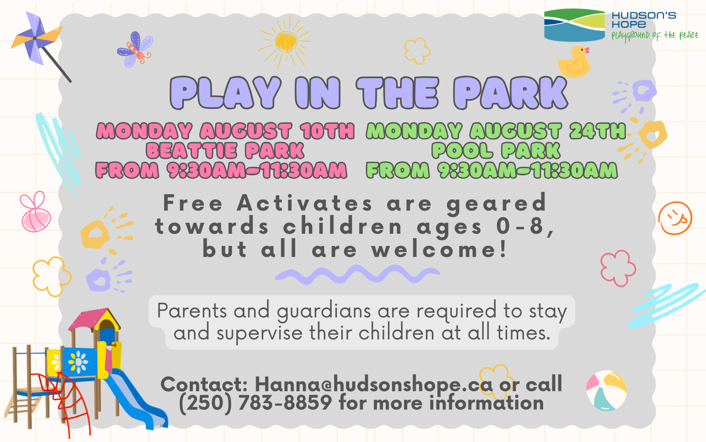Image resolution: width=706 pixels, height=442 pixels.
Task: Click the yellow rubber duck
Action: (574, 62)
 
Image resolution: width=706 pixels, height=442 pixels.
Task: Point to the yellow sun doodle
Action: (286, 41)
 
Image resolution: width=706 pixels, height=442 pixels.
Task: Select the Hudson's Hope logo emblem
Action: (575, 25)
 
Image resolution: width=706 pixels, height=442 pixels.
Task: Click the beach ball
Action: (606, 391)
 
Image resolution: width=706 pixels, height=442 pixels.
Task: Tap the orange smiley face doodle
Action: (675, 218)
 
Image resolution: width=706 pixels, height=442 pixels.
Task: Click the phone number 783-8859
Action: (285, 403)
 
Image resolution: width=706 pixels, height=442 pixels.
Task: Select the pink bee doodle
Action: (35, 212)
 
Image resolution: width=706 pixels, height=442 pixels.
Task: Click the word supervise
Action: (259, 333)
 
